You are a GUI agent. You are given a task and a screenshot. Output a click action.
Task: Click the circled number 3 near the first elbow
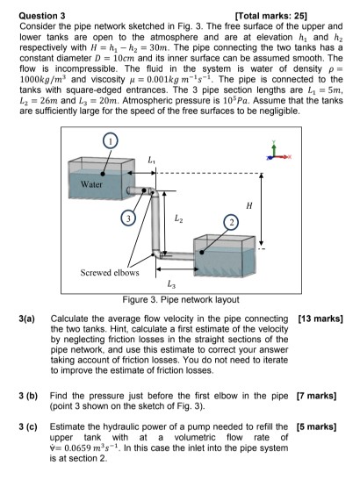(x=128, y=216)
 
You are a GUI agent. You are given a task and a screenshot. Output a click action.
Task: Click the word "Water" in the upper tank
(x=92, y=185)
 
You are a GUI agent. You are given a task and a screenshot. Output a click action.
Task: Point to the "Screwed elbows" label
(x=109, y=270)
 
